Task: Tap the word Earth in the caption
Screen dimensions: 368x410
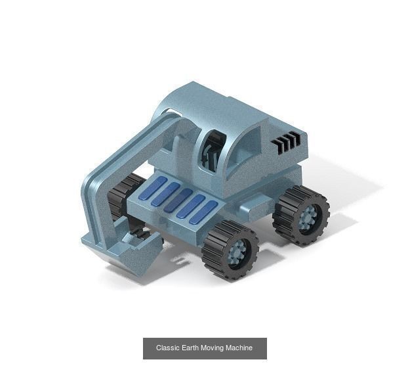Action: pos(189,348)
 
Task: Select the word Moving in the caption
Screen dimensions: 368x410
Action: pos(213,348)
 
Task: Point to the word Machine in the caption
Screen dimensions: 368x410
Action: pos(239,348)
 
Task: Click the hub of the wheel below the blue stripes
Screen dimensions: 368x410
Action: pos(236,252)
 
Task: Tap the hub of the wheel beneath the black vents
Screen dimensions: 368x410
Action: pos(307,216)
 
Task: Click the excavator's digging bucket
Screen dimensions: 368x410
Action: pos(131,250)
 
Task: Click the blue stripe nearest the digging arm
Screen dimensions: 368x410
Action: pos(152,189)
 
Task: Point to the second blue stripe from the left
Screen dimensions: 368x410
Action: pos(165,195)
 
